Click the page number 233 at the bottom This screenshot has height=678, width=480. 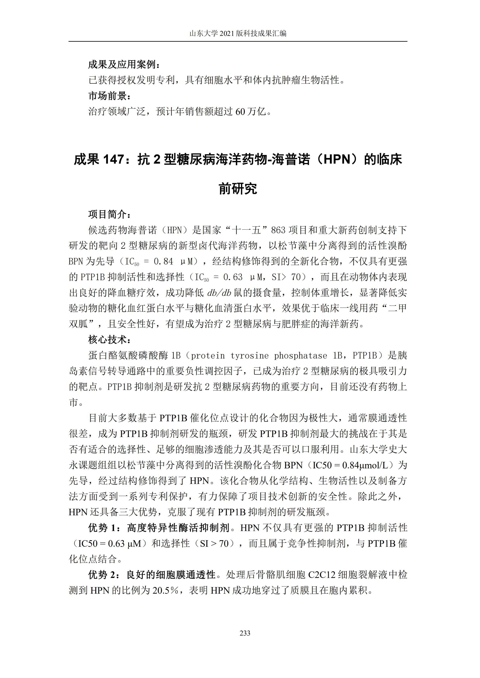245,633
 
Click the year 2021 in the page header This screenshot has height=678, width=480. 227,34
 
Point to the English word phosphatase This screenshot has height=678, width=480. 300,356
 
